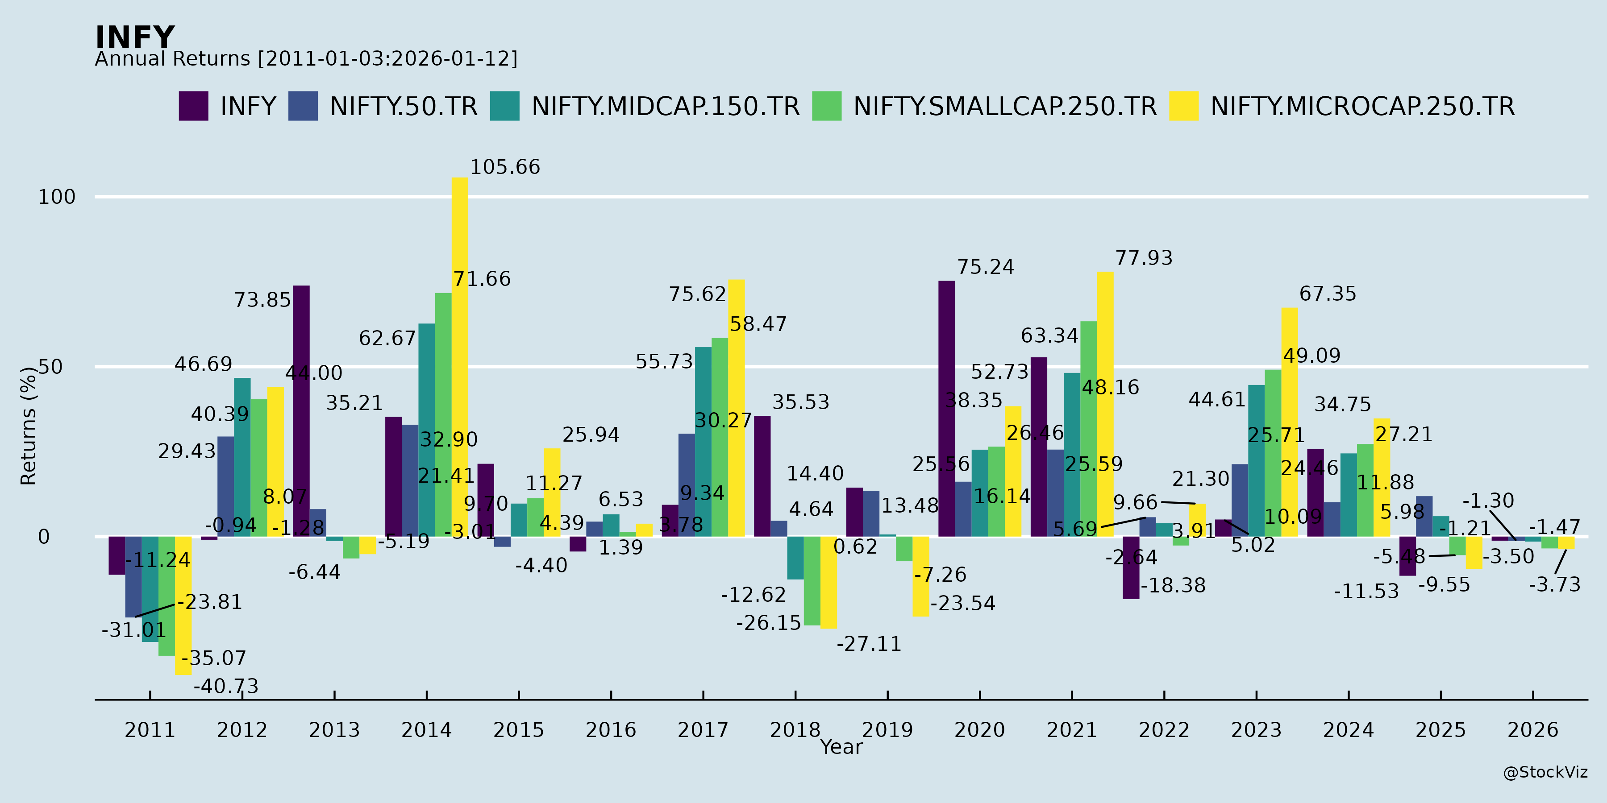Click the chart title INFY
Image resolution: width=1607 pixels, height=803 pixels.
pos(135,37)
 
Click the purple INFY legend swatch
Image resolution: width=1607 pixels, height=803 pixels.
pos(193,106)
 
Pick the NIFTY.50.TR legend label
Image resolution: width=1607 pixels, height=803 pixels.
pos(403,107)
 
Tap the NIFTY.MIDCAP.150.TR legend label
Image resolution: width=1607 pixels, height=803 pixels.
pos(665,107)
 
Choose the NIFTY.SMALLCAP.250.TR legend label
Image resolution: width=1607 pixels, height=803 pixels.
pos(1004,107)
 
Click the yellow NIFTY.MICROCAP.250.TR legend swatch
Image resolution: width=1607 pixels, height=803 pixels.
pos(1183,106)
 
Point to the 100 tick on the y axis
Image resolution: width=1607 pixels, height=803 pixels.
pos(57,197)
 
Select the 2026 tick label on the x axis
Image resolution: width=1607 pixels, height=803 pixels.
pos(1533,729)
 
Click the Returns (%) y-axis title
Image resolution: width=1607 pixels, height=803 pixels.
pos(29,426)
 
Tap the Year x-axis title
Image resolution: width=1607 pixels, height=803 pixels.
pos(841,747)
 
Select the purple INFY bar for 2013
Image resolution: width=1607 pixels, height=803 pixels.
pos(301,411)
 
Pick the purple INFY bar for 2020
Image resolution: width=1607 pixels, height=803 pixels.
pos(946,408)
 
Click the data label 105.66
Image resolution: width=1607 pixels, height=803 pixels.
pos(505,167)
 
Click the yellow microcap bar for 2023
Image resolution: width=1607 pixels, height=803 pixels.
pos(1290,422)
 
